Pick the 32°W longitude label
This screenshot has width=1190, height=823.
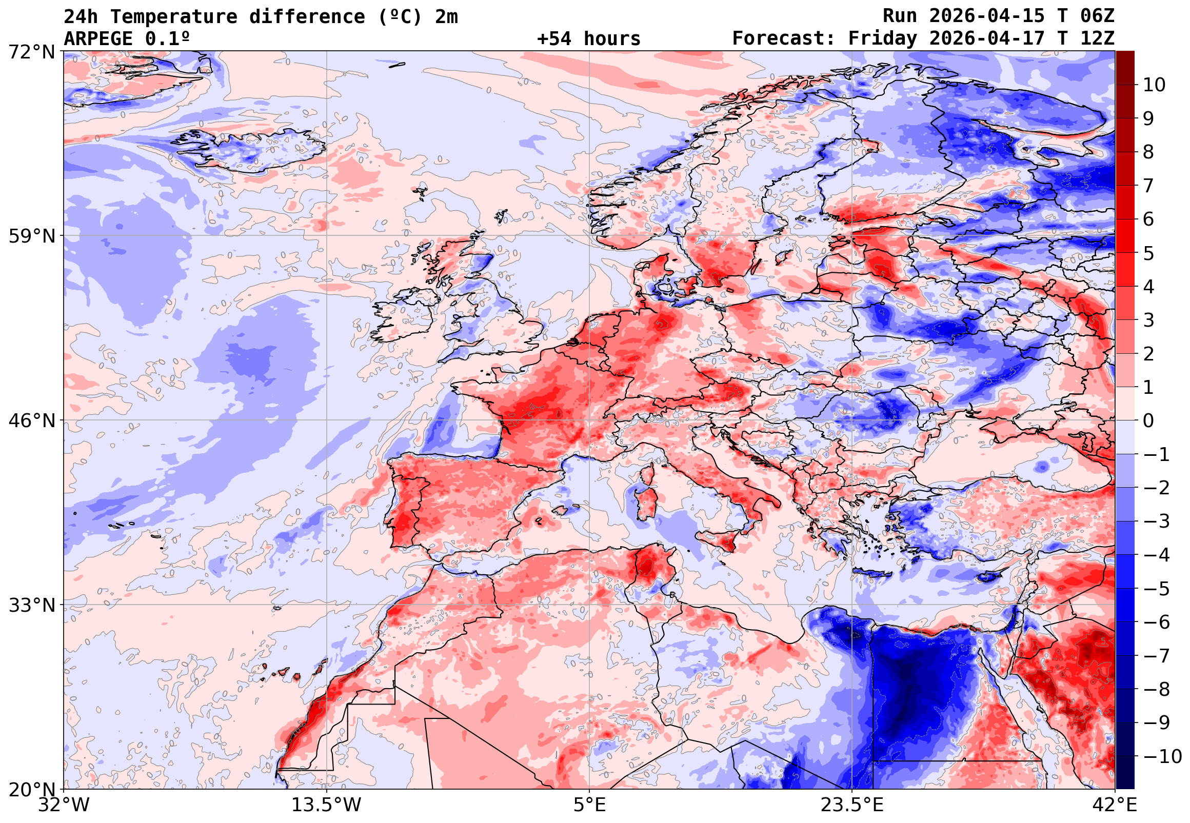click(x=64, y=805)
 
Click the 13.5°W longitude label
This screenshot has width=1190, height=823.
click(x=327, y=805)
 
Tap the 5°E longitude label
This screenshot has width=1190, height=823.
click(x=589, y=805)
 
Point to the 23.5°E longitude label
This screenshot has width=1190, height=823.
click(x=852, y=805)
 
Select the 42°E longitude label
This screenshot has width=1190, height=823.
click(x=1114, y=805)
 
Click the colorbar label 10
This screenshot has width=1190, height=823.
click(x=1154, y=85)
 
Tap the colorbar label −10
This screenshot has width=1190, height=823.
click(x=1162, y=756)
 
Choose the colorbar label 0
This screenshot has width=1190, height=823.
click(x=1148, y=421)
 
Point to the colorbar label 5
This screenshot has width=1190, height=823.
click(x=1148, y=253)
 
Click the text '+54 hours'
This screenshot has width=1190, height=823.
click(x=588, y=38)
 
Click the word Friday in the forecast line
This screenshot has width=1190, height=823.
click(x=883, y=38)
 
